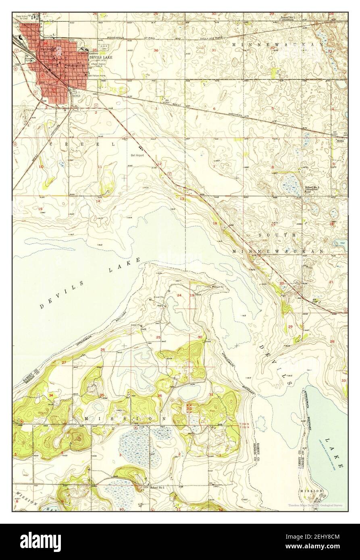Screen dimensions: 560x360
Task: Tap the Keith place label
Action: click(x=340, y=141)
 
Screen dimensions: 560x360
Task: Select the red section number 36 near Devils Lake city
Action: click(x=156, y=50)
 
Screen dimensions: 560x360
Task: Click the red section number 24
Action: click(x=179, y=296)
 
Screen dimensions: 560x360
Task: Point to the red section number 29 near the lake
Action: click(x=290, y=326)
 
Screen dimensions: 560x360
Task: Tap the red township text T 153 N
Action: click(x=244, y=424)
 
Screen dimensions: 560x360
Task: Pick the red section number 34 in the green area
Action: click(x=51, y=395)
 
